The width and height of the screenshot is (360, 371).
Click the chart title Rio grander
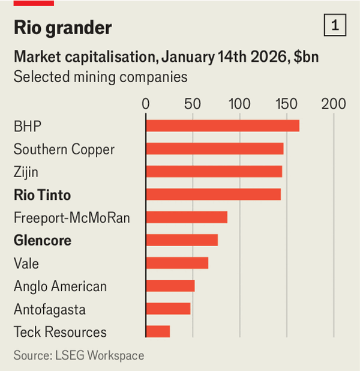tap(62, 28)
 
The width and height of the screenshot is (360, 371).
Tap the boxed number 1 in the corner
tap(334, 26)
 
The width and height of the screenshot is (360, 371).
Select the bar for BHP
tap(222, 125)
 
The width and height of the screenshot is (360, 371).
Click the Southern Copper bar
tap(214, 149)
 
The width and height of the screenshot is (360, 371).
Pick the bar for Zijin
tap(214, 172)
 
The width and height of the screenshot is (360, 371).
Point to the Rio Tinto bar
tap(213, 195)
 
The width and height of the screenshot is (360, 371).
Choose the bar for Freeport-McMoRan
tap(187, 217)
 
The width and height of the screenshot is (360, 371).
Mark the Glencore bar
tap(182, 240)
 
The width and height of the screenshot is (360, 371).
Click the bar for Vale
tap(177, 263)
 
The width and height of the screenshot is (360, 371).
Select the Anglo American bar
tap(170, 286)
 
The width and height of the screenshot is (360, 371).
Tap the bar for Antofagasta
tap(168, 309)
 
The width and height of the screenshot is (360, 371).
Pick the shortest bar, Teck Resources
tap(158, 331)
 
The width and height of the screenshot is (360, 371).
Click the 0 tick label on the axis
tap(146, 103)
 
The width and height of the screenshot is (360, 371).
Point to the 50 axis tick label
tap(193, 103)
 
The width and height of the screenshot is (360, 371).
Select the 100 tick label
tap(239, 103)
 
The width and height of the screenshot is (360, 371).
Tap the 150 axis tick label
tap(286, 103)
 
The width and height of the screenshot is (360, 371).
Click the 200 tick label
tap(334, 103)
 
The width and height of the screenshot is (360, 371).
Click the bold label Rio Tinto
tap(42, 195)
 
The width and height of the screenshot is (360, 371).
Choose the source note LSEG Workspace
tap(79, 355)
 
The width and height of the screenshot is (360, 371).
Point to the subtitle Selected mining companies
tap(100, 77)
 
